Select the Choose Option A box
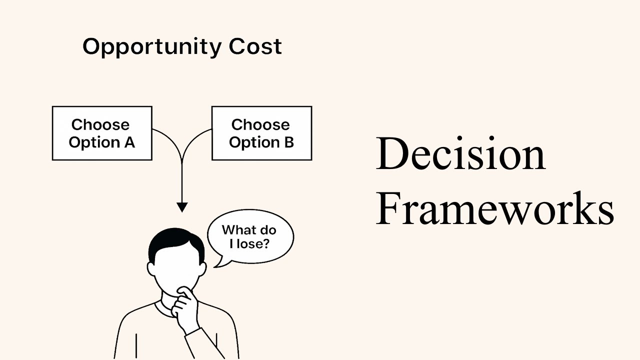(x=102, y=133)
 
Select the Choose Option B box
(x=261, y=133)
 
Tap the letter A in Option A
(x=128, y=142)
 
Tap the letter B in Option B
(x=288, y=142)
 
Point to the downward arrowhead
(x=182, y=206)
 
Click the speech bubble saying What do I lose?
(x=250, y=236)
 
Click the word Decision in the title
(x=460, y=154)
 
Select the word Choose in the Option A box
(x=100, y=124)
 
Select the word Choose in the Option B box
(x=260, y=124)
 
